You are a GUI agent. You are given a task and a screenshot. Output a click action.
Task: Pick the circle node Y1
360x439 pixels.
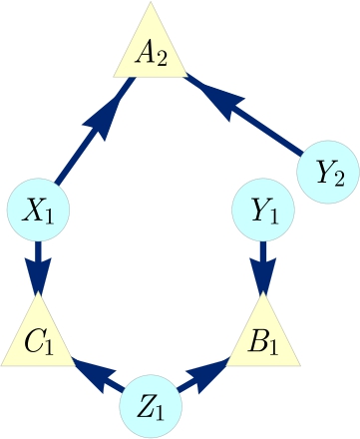[x=263, y=212]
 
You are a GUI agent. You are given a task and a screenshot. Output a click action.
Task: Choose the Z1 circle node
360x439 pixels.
[x=152, y=406]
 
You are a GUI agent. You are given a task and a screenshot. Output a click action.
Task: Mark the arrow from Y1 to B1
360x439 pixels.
[x=263, y=264]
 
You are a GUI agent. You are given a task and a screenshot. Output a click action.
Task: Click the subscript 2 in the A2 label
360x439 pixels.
[x=161, y=57]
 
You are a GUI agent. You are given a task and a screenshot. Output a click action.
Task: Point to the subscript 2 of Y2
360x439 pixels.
[x=340, y=179]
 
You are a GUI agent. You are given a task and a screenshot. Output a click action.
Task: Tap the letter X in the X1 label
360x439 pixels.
[x=33, y=210]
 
